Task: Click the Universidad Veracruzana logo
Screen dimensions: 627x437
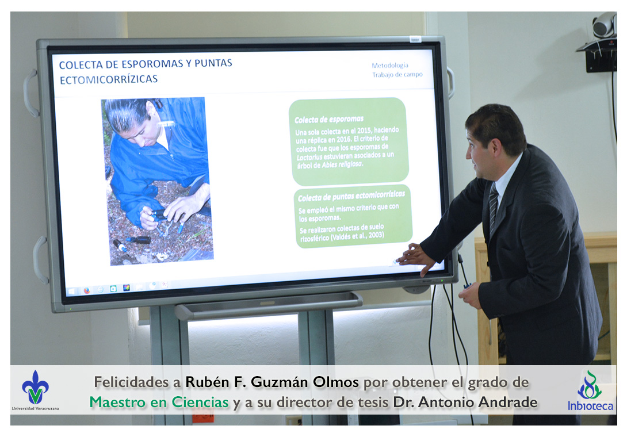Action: (35, 389)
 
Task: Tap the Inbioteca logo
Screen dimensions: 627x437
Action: (590, 390)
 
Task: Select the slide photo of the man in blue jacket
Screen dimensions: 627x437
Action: (157, 181)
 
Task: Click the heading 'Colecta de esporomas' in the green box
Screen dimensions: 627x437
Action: (329, 119)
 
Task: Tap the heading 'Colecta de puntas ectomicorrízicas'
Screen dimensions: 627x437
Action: (351, 196)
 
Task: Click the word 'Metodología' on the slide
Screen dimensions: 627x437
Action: (390, 65)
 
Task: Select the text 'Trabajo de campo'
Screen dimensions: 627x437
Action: (397, 75)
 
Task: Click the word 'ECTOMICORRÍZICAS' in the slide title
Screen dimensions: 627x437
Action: (109, 79)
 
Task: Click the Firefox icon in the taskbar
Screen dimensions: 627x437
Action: (87, 291)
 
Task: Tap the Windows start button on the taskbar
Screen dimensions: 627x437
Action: (72, 292)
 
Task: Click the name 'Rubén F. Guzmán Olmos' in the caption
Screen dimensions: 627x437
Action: (272, 382)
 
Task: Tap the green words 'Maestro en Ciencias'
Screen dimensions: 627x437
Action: (159, 402)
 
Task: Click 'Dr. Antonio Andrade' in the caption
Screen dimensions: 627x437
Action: (465, 402)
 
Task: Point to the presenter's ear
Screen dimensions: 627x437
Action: (497, 148)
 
